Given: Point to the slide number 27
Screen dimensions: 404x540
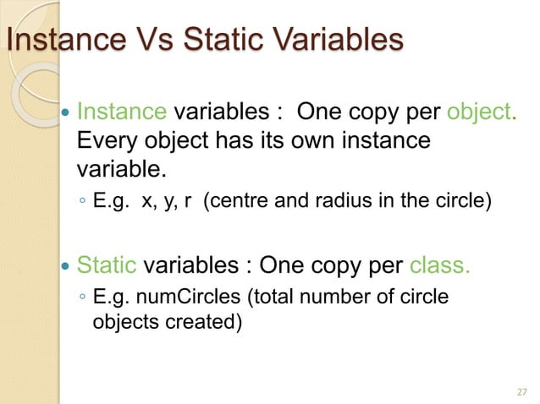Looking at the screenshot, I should pos(520,390).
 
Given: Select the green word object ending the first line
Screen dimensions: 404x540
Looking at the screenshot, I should pos(481,112).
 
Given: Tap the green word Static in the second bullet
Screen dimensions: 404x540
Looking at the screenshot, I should pos(107,268).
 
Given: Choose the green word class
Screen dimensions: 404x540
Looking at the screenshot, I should pos(438,268).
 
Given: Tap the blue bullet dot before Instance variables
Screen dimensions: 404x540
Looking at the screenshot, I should pos(67,112).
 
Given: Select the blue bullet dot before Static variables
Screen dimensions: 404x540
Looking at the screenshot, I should pos(67,269).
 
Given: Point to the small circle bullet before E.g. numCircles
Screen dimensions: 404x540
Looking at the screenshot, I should pos(81,298).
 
